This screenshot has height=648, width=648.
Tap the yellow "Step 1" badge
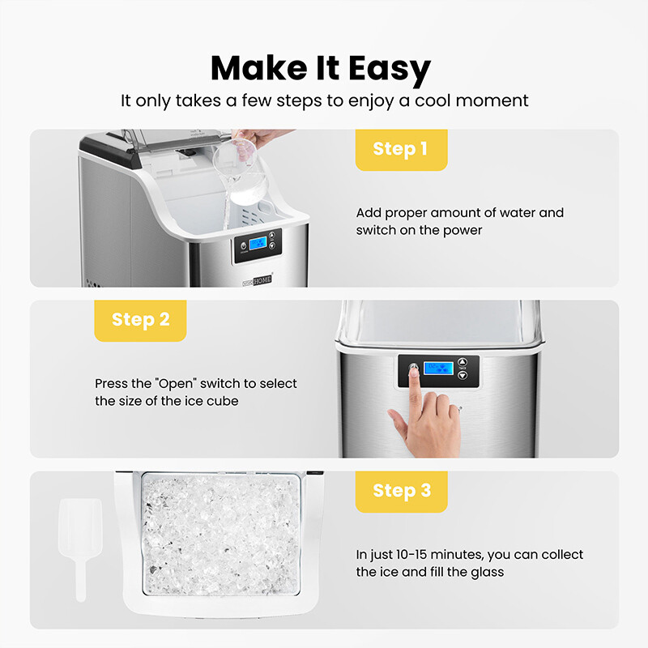[401, 149]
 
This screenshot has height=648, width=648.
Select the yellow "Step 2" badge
[140, 319]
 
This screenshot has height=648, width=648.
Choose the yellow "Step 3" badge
[401, 490]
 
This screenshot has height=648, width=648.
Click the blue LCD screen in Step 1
[258, 244]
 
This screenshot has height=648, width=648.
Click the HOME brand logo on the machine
[262, 278]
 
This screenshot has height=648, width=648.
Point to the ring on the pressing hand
[459, 411]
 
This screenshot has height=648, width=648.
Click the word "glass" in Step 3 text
[485, 572]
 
